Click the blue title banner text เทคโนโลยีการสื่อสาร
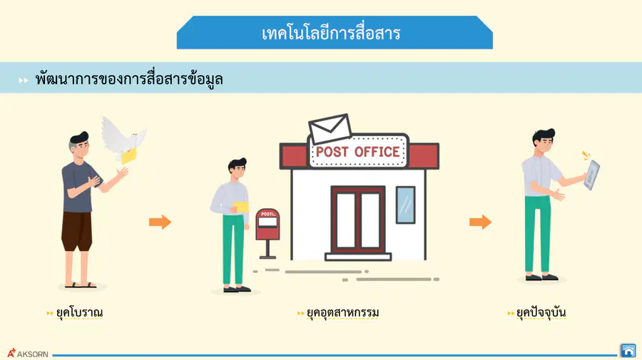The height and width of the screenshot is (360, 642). [331, 34]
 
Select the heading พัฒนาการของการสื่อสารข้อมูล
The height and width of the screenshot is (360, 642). [129, 78]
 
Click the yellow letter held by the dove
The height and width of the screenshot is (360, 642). [128, 156]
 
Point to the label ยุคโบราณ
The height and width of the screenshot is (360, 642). [79, 312]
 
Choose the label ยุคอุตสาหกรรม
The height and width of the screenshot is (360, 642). [342, 312]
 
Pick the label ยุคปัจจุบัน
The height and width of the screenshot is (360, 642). [541, 312]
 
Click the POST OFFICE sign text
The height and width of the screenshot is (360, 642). [358, 152]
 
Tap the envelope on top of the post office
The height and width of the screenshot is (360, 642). [330, 129]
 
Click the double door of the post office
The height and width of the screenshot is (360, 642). [358, 220]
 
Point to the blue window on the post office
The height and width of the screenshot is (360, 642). [405, 205]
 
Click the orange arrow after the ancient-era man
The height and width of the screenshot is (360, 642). [160, 222]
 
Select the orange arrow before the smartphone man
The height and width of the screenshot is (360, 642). [480, 222]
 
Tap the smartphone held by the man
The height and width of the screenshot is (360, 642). [592, 175]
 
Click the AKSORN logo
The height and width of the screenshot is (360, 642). [28, 353]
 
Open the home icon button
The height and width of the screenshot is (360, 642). [628, 351]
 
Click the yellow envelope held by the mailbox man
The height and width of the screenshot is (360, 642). [241, 207]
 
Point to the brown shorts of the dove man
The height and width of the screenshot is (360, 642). [76, 231]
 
